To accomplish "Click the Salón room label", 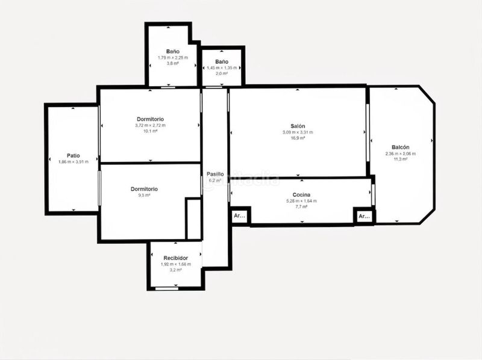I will (x=298, y=126).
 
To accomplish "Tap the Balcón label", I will (x=401, y=147).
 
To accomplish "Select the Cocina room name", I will (x=301, y=194).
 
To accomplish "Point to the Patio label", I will (x=74, y=155).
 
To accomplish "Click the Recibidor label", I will (x=175, y=258).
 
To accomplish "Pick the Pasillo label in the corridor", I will (x=215, y=173).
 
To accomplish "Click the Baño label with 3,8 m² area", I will (x=173, y=52).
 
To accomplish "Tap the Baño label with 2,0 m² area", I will (x=222, y=62).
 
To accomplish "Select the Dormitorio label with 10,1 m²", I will (x=151, y=119).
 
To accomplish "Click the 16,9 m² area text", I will (x=298, y=138).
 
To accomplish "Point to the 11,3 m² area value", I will (x=401, y=160).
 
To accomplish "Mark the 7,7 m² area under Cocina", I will (x=301, y=206).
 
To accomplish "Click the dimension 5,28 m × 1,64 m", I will (x=301, y=200).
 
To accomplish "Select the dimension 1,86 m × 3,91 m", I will (x=74, y=162).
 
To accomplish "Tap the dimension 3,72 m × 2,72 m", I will (x=151, y=125).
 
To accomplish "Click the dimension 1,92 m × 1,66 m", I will (x=175, y=264).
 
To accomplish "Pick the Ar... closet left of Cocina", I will (x=239, y=216).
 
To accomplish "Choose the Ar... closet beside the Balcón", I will (x=364, y=216).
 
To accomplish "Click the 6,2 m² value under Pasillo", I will (x=215, y=180).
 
